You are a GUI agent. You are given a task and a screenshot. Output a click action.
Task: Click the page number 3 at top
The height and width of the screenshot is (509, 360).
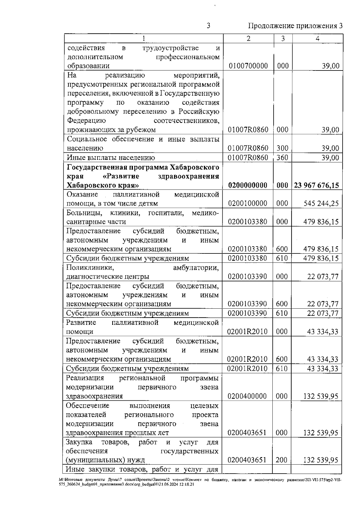coord(208,26)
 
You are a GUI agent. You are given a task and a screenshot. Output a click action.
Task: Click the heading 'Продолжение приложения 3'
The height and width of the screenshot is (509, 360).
coord(295,26)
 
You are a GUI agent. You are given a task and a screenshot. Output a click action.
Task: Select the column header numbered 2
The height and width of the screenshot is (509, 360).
coord(248,38)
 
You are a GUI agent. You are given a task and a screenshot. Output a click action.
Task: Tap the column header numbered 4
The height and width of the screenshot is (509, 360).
coord(317,38)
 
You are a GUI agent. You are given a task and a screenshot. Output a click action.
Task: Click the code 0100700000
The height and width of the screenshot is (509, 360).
coord(248,66)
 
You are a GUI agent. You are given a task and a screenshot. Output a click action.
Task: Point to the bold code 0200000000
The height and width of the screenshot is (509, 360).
coord(248,185)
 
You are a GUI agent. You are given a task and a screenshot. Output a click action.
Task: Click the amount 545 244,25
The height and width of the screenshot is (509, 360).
coord(321,204)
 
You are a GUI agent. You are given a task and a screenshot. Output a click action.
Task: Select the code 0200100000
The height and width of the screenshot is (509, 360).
coord(247,204)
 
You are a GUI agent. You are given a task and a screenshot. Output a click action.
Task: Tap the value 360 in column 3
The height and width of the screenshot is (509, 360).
coord(282,157)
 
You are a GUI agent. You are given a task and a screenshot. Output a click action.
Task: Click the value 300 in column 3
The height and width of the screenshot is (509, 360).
coord(282,148)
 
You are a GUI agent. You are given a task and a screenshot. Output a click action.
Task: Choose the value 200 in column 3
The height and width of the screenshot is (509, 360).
coord(281,460)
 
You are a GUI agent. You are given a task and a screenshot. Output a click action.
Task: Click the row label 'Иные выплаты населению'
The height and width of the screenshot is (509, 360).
coord(111,157)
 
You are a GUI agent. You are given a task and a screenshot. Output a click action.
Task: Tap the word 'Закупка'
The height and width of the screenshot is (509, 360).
coord(79,442)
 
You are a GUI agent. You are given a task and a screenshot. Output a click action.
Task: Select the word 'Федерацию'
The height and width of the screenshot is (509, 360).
coord(86,121)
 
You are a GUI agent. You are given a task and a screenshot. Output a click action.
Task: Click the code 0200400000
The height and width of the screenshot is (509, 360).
coord(247,396)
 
